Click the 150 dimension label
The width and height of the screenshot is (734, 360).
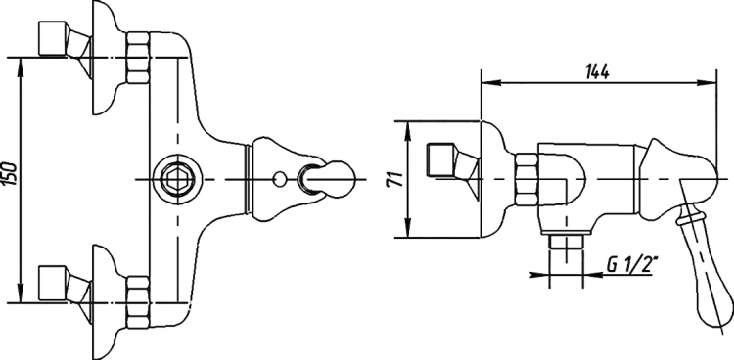tap(12, 174)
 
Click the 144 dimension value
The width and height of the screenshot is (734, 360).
tap(597, 71)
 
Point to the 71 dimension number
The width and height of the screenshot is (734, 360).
tap(396, 179)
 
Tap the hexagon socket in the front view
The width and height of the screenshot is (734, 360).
tap(178, 179)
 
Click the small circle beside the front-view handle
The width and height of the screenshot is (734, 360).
tap(279, 179)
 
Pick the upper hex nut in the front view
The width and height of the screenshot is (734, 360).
tap(138, 58)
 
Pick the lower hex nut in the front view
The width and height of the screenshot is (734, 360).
tap(138, 302)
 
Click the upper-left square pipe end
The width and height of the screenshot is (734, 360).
tap(53, 39)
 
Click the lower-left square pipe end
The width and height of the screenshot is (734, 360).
tap(53, 284)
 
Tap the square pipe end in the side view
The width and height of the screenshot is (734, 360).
tap(441, 161)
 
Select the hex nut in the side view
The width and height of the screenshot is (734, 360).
tap(526, 179)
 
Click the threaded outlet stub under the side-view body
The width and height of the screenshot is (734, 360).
tap(566, 243)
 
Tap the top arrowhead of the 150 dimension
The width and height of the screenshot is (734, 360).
tap(21, 67)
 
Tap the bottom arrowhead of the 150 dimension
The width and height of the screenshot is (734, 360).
tap(21, 293)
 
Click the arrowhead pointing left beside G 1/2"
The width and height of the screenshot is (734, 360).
tap(592, 274)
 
